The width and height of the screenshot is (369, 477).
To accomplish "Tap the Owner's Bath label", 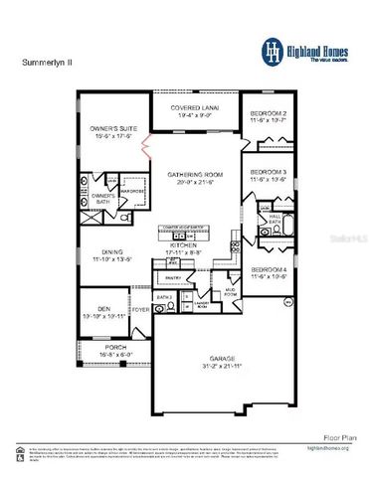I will [x=104, y=197].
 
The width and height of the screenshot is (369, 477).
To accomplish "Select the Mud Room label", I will [x=230, y=294].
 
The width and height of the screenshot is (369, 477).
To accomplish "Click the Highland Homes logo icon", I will [x=270, y=50].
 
